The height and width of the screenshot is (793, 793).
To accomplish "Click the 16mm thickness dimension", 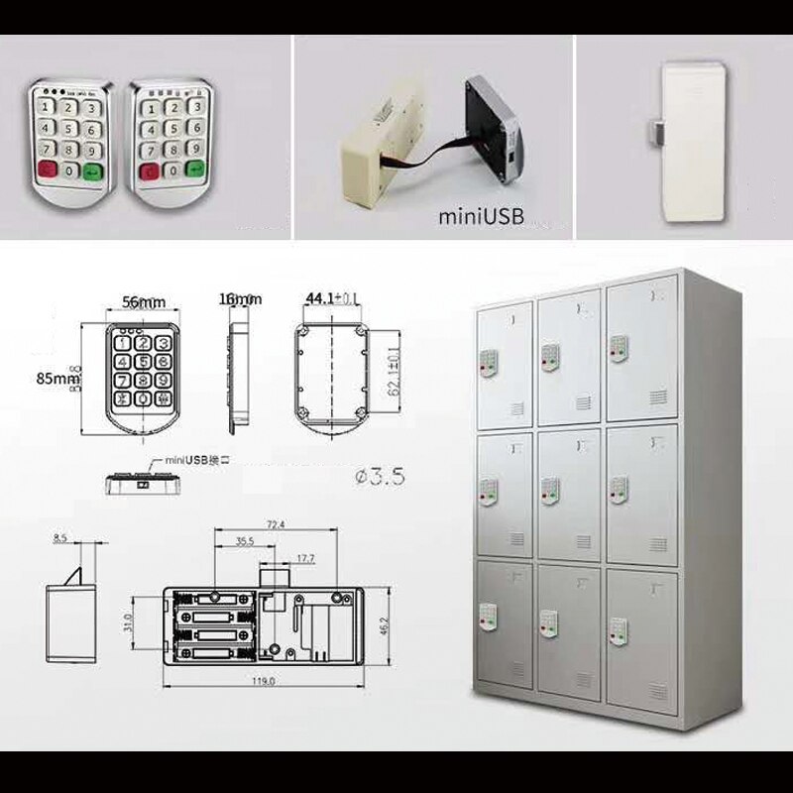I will click(x=240, y=299).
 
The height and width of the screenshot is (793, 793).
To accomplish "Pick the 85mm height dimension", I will click(x=58, y=378).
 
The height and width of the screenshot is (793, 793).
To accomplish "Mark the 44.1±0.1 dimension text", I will click(x=333, y=298).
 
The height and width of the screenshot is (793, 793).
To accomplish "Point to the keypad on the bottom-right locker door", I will click(x=618, y=626).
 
